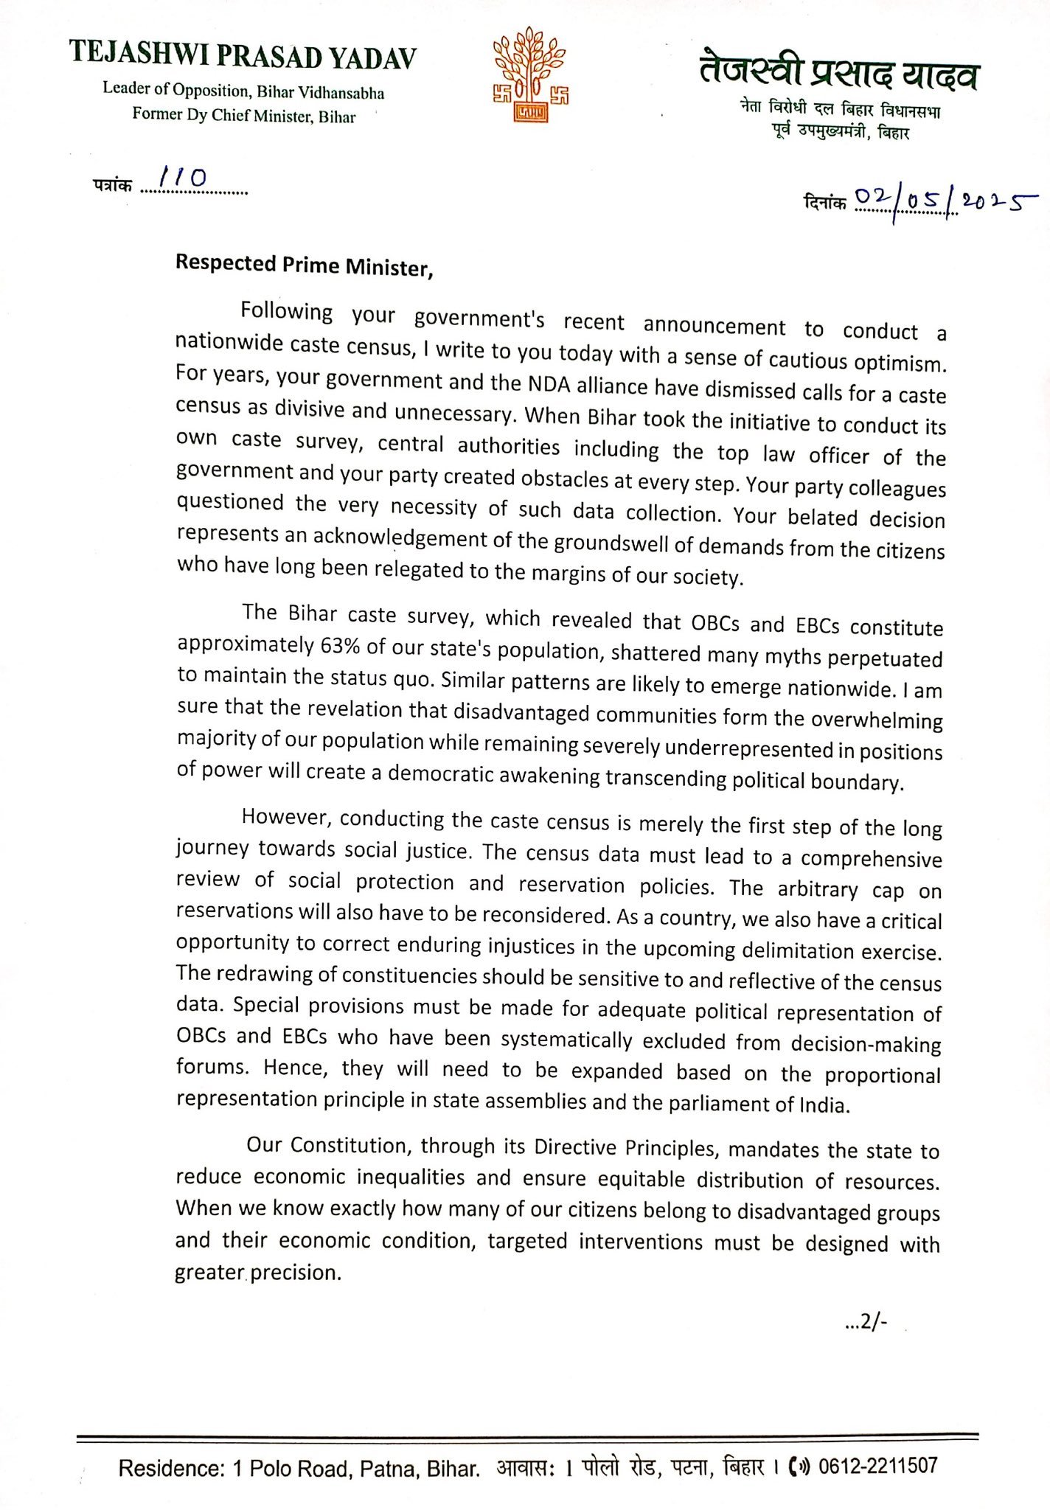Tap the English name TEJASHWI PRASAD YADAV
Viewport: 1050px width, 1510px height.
pyautogui.click(x=243, y=56)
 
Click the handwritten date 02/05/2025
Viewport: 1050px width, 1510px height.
pyautogui.click(x=944, y=201)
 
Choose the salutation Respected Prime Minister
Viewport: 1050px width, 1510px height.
pyautogui.click(x=304, y=265)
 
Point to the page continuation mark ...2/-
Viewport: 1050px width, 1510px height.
pyautogui.click(x=866, y=1323)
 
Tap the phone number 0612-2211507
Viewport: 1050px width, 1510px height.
pyautogui.click(x=877, y=1465)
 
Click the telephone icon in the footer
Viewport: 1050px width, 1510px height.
pyautogui.click(x=799, y=1466)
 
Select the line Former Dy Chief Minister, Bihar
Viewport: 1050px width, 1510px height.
pyautogui.click(x=243, y=116)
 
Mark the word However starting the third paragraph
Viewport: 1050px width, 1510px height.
pyautogui.click(x=287, y=817)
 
